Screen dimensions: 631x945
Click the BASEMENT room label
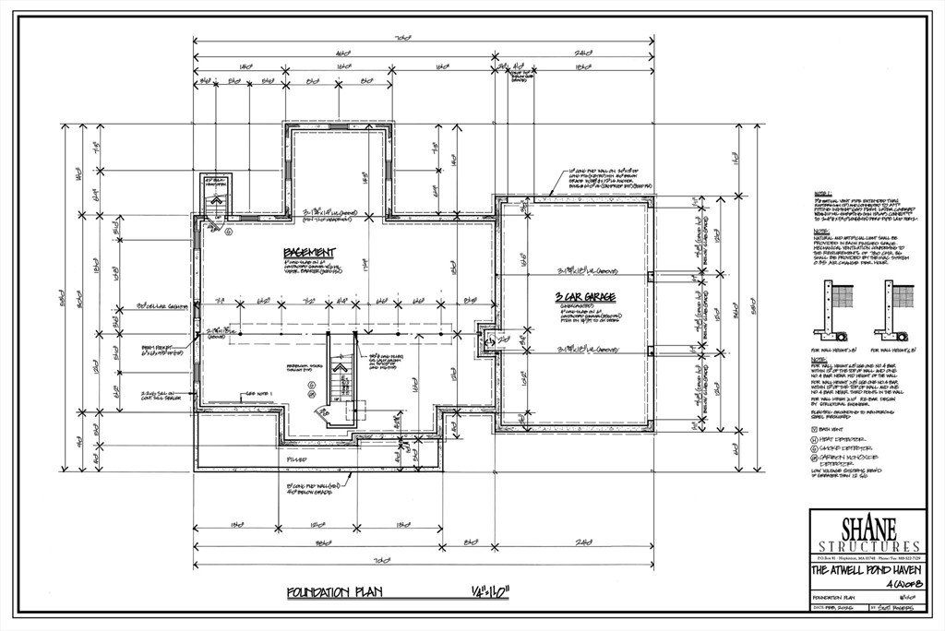coord(309,253)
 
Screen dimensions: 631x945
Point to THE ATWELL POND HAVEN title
coord(865,570)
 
